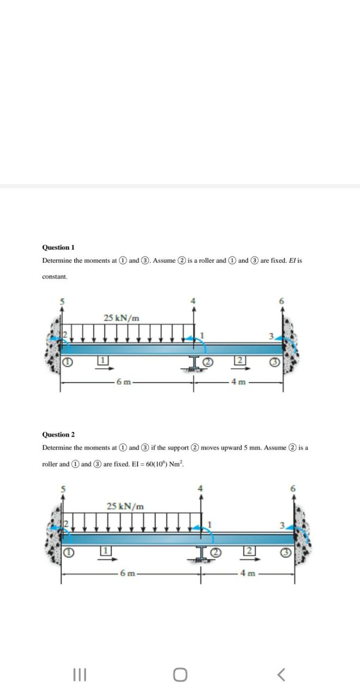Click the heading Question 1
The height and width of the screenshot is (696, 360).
tap(58, 247)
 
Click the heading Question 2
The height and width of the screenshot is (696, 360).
tap(58, 434)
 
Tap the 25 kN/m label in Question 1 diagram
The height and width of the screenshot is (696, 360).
tap(121, 318)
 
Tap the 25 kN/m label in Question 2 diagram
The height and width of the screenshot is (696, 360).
tap(126, 506)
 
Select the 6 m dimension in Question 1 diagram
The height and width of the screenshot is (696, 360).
tap(123, 382)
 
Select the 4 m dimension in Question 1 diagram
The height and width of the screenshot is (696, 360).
tap(239, 382)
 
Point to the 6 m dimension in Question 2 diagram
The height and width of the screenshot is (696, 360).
tap(128, 573)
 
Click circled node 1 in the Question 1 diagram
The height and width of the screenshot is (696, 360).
tap(67, 361)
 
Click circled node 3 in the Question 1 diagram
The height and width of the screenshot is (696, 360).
tap(275, 361)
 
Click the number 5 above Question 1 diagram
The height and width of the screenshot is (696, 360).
tap(62, 301)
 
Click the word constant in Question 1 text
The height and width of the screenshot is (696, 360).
tap(55, 277)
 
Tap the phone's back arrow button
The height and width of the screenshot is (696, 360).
tap(281, 675)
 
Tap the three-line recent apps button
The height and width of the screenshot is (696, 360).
tap(79, 675)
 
